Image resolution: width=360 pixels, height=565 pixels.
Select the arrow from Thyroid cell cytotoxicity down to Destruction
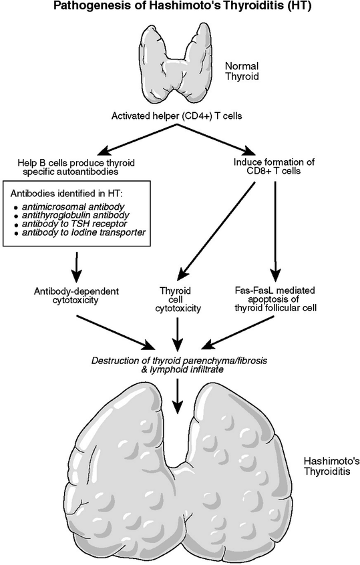pyautogui.click(x=177, y=330)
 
